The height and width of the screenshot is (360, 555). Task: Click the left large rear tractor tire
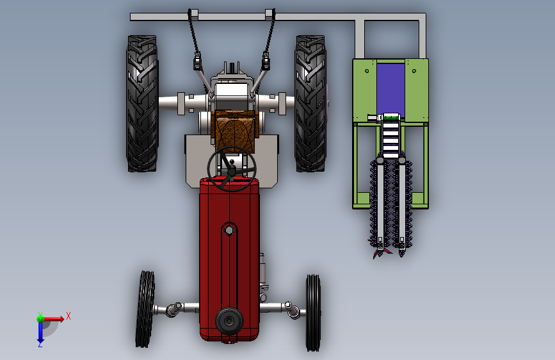click(142, 104)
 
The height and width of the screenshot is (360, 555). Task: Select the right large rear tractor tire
click(310, 104)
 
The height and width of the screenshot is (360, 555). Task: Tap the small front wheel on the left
click(145, 309)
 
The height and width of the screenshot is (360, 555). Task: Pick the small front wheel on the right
click(313, 313)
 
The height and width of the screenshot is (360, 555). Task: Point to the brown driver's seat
click(235, 131)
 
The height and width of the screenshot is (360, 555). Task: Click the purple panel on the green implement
click(390, 88)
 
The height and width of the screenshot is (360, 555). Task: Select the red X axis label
click(68, 316)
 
